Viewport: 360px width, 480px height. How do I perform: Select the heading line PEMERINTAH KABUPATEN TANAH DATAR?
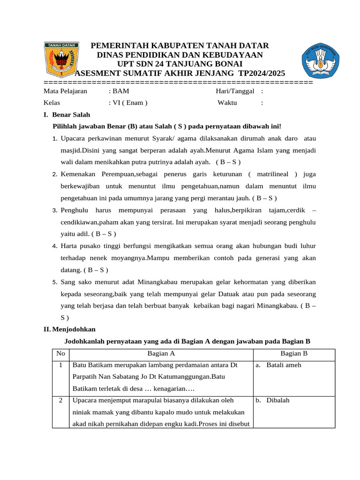180,45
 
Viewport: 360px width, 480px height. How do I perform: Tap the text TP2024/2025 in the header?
261,73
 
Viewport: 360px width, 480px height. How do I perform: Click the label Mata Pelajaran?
65,91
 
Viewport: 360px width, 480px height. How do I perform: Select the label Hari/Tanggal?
235,91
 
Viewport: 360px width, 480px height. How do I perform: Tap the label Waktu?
227,103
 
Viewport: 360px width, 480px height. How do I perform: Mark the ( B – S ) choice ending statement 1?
228,162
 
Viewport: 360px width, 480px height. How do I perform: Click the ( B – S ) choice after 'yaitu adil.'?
104,233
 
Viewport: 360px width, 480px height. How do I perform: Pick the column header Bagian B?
293,354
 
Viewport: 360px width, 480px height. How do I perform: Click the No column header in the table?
60,354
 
